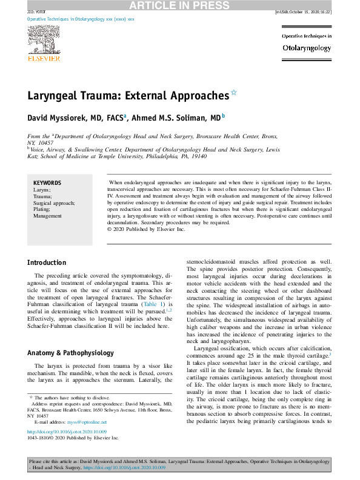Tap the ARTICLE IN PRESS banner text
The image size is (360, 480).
pos(180,5)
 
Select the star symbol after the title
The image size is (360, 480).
pos(233,93)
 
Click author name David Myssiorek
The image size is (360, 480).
pos(65,117)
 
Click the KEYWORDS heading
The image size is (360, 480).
pos(47,182)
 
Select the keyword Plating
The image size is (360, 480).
pos(42,209)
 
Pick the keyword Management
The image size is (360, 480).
pos(47,216)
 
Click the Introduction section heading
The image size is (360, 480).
pos(47,262)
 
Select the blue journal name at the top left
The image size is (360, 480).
pos(81,19)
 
